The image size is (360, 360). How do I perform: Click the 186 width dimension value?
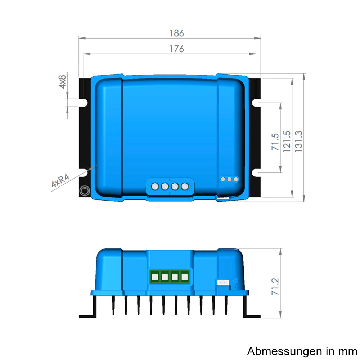click(176, 33)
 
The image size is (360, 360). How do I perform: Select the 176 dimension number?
click(176, 49)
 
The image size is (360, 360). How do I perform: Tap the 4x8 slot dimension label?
click(62, 82)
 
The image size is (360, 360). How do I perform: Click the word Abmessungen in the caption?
click(279, 351)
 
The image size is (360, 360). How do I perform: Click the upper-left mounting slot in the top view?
click(84, 103)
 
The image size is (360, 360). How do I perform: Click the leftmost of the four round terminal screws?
click(155, 186)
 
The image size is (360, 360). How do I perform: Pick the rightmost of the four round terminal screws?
click(185, 186)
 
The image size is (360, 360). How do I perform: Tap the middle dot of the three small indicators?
click(229, 179)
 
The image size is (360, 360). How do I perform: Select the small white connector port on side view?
click(222, 282)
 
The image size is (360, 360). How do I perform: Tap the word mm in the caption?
click(348, 351)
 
